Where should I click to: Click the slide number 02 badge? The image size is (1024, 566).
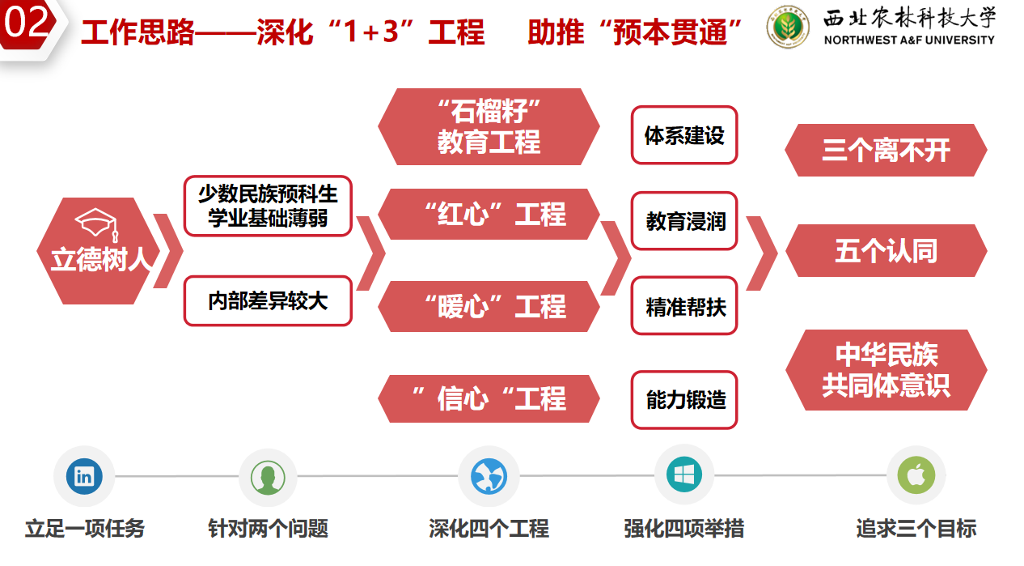[27, 25]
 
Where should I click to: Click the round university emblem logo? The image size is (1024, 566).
[787, 28]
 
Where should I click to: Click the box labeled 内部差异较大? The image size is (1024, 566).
[268, 301]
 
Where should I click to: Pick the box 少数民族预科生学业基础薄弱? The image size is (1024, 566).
[268, 206]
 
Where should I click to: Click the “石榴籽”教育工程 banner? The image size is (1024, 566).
[489, 126]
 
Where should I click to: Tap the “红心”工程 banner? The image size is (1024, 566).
[489, 215]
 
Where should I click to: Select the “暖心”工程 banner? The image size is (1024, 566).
[489, 307]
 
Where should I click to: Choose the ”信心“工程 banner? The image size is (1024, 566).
[489, 398]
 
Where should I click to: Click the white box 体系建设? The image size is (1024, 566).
[684, 135]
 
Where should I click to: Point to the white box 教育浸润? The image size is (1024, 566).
[684, 221]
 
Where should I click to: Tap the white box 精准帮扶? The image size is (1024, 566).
[684, 307]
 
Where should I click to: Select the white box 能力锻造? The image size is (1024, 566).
[684, 399]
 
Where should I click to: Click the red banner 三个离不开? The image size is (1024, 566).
[886, 151]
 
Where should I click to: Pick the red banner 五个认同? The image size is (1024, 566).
[886, 251]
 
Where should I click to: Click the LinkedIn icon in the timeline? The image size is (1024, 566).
[84, 476]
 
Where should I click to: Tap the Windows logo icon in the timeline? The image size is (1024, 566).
[684, 475]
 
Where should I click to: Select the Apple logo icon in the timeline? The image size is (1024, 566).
[916, 475]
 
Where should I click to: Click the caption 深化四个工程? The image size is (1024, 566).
[489, 530]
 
